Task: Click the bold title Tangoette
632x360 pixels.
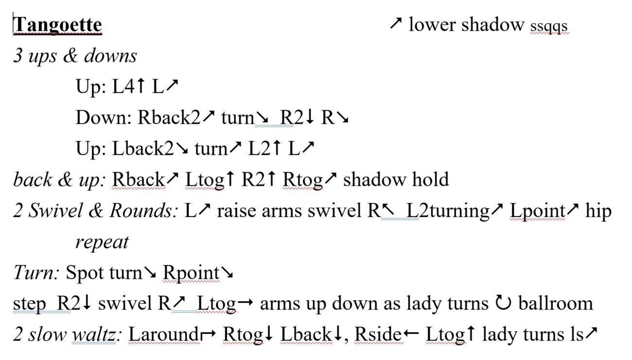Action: click(57, 25)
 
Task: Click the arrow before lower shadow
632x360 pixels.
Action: click(396, 23)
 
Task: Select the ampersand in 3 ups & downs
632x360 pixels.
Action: click(70, 55)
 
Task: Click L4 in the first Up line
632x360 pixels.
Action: click(123, 87)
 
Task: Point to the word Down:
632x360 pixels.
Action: click(104, 117)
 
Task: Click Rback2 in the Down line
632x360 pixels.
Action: click(169, 117)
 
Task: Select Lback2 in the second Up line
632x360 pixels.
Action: click(143, 148)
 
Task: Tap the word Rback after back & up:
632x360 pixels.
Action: click(138, 180)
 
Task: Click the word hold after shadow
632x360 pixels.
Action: click(431, 180)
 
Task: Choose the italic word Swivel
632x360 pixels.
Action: click(55, 211)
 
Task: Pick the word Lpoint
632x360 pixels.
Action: click(538, 211)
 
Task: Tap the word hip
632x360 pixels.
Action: click(598, 211)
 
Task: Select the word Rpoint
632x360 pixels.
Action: click(191, 273)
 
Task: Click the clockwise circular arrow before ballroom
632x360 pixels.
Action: click(503, 303)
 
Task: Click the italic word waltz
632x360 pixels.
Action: click(94, 335)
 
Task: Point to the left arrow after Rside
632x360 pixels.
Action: click(411, 334)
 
